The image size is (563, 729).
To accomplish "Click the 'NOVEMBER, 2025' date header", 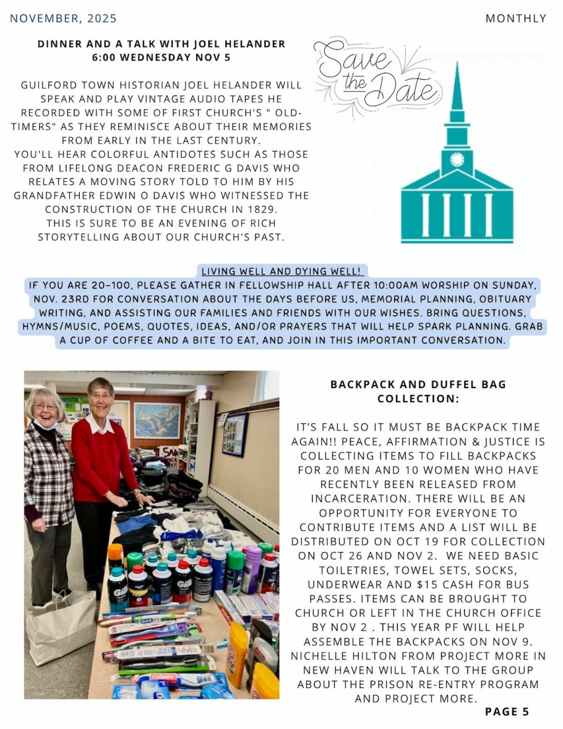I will [63, 19].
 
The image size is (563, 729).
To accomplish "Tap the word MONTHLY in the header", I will [515, 19].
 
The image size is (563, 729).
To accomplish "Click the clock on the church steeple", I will [457, 159].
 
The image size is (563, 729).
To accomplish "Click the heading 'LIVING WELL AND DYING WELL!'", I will [281, 272].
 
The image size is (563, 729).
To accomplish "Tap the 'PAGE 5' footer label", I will [507, 711].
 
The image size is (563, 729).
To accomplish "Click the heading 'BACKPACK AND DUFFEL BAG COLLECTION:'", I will [418, 392].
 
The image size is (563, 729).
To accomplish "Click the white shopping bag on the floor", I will [60, 626].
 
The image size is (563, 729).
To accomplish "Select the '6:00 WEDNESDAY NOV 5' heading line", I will [161, 58].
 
